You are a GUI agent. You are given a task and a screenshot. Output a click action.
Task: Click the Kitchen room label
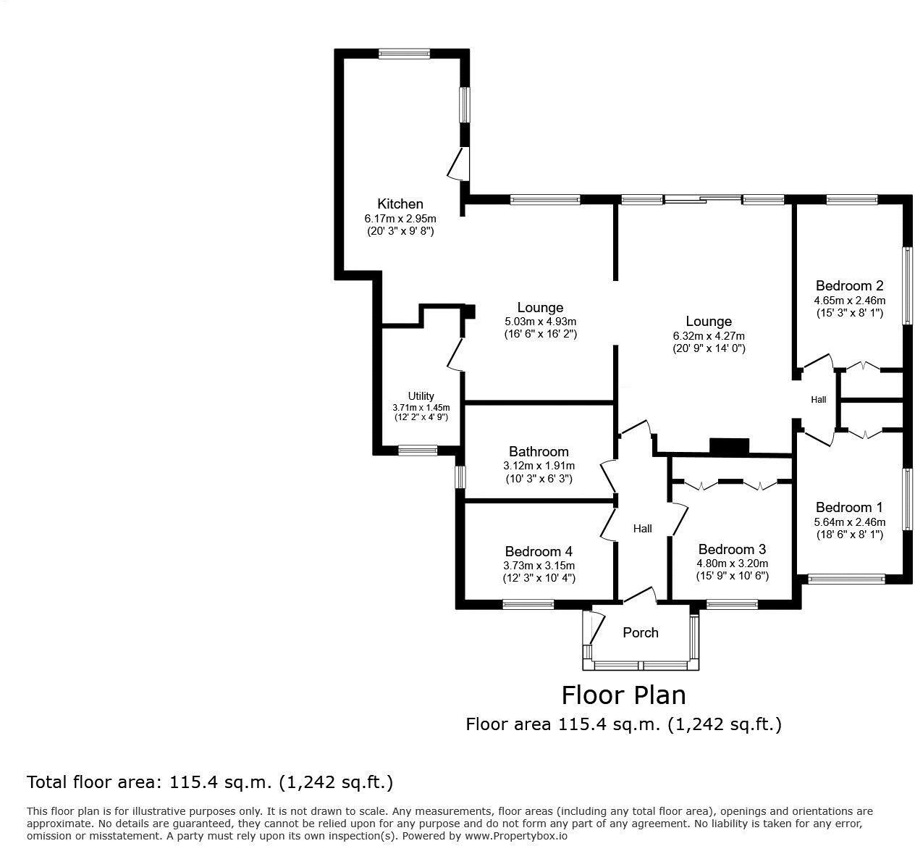point(400,204)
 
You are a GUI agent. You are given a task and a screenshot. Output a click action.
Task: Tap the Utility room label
point(421,395)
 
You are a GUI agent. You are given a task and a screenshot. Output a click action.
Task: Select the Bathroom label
point(539,451)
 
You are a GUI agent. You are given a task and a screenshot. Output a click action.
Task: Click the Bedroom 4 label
point(539,551)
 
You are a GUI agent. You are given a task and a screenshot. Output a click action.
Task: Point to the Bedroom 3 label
point(732,549)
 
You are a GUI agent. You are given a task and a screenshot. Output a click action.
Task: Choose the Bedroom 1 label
point(849,507)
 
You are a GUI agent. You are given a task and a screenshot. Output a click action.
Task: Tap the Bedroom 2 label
point(849,285)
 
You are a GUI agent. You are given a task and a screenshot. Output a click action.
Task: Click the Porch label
point(641,632)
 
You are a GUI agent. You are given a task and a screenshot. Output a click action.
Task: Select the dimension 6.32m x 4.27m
point(709,335)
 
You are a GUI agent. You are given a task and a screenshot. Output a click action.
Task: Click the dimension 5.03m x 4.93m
point(540,322)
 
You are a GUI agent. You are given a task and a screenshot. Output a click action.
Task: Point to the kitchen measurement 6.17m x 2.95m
point(400,218)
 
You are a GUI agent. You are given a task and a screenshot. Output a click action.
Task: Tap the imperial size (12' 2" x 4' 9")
point(421,417)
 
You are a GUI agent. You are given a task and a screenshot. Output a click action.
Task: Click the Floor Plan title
point(623,695)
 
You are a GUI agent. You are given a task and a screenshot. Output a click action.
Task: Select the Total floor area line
point(210,782)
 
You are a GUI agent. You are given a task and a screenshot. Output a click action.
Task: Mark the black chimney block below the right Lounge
point(730,447)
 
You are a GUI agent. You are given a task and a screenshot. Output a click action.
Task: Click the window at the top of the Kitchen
point(404,53)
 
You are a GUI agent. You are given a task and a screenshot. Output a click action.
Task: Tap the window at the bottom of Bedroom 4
point(528,604)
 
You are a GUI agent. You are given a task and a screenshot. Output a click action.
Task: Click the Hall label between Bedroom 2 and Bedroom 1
point(818,399)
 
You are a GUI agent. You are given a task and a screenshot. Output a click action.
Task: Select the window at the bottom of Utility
point(418,451)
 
